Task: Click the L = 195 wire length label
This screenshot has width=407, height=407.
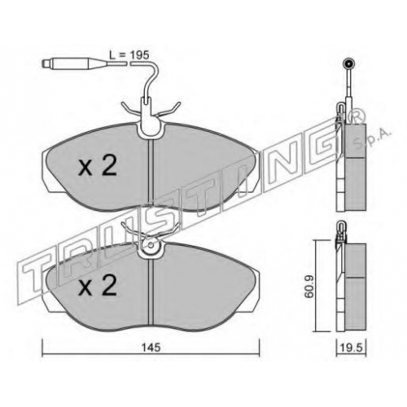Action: click(129, 55)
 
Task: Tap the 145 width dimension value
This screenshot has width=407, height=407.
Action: click(151, 348)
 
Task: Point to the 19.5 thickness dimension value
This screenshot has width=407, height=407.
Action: click(352, 348)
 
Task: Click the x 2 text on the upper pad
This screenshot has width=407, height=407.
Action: click(98, 166)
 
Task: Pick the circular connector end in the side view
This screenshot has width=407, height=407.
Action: click(348, 64)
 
